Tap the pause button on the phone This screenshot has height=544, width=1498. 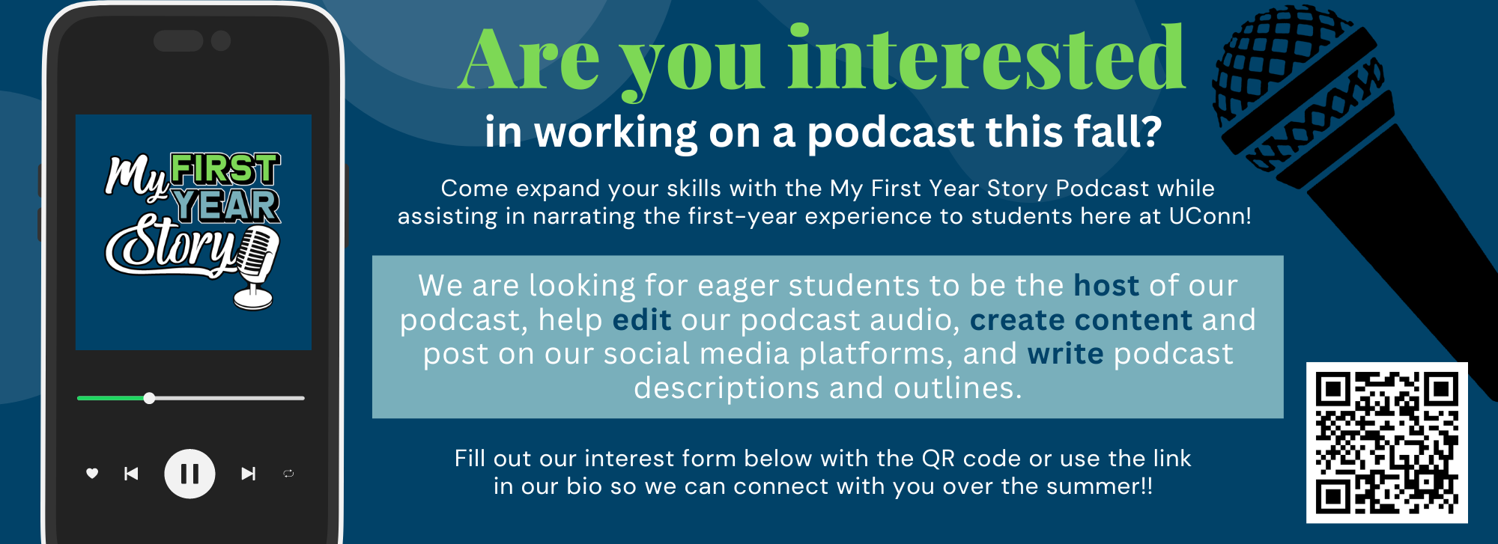[189, 474]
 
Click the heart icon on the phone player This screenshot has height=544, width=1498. [92, 473]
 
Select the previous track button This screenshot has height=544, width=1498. [131, 474]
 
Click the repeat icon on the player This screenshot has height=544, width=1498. [288, 474]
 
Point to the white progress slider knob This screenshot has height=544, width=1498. [149, 398]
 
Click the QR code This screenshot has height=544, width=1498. [1386, 442]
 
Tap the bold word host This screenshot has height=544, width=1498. [1106, 286]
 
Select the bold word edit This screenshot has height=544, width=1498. [642, 320]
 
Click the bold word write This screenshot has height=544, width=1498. [1065, 354]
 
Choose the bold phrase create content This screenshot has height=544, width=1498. [1081, 320]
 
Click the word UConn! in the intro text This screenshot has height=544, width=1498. [1210, 216]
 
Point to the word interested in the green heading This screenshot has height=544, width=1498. [986, 58]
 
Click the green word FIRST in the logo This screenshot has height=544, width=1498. [225, 169]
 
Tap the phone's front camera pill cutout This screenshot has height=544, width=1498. [178, 40]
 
